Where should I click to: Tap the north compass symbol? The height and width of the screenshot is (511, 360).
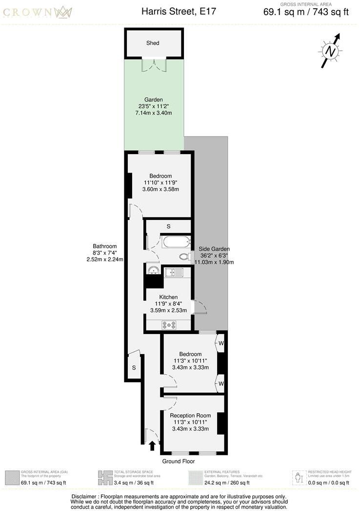(331, 51)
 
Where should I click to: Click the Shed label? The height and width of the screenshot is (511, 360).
(153, 43)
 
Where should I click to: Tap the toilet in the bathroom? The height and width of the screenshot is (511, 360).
(184, 256)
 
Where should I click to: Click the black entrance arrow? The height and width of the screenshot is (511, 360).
(152, 445)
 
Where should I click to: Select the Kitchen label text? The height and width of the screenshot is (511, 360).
(168, 297)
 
